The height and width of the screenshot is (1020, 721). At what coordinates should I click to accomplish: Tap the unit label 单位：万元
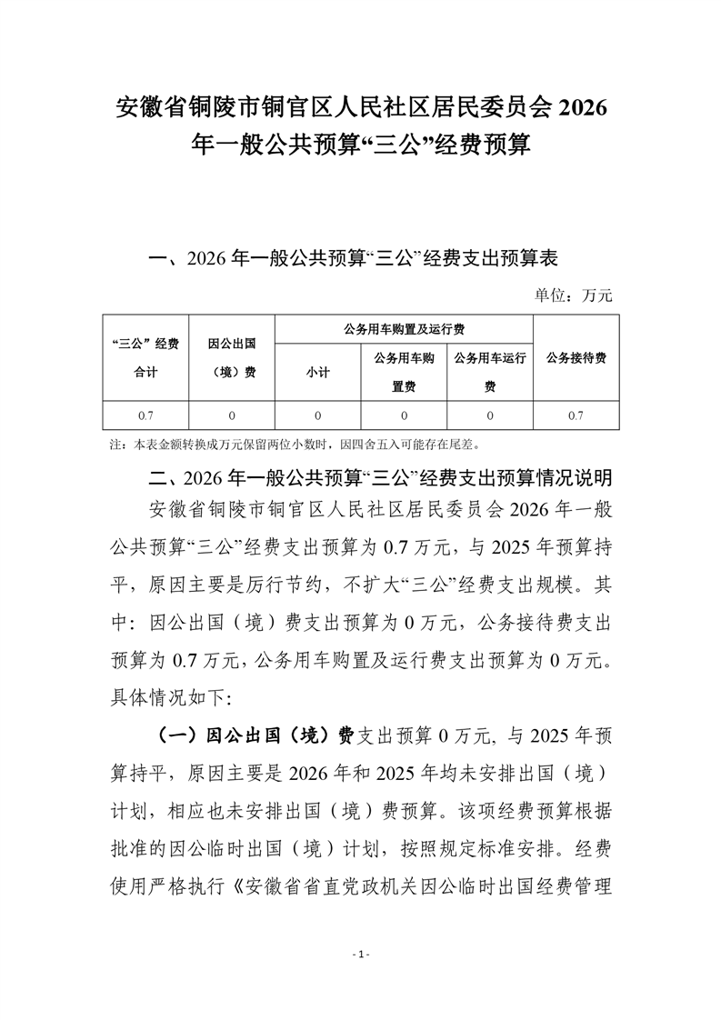click(x=575, y=295)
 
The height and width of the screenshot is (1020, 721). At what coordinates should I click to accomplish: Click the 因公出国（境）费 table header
click(x=231, y=357)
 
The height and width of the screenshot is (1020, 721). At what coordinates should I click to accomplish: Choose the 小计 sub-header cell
click(x=318, y=372)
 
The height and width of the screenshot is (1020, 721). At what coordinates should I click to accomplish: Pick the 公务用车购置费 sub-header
click(x=405, y=372)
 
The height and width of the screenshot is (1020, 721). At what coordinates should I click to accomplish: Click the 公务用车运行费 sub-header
click(x=490, y=372)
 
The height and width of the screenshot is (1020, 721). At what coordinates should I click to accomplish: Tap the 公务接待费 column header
click(x=576, y=357)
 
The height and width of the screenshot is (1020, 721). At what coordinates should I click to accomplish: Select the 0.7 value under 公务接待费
click(x=576, y=415)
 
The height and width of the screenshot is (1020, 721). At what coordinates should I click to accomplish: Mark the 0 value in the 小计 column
click(x=318, y=415)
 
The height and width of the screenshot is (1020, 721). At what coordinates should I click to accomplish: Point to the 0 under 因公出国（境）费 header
click(x=231, y=415)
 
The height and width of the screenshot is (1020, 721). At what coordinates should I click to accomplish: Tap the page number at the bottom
click(x=361, y=954)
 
